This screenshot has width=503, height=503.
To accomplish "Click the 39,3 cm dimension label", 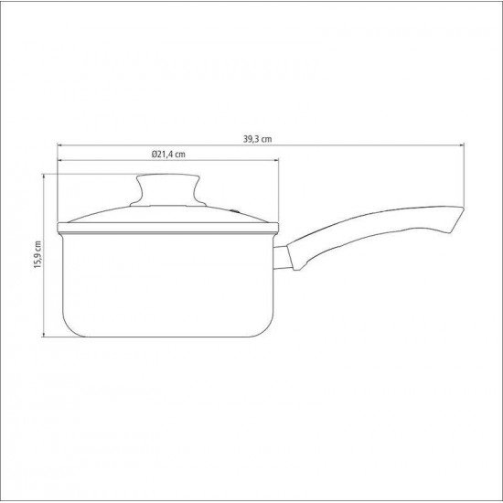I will pyautogui.click(x=259, y=140).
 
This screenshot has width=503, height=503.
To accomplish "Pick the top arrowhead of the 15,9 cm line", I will pyautogui.click(x=44, y=177).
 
